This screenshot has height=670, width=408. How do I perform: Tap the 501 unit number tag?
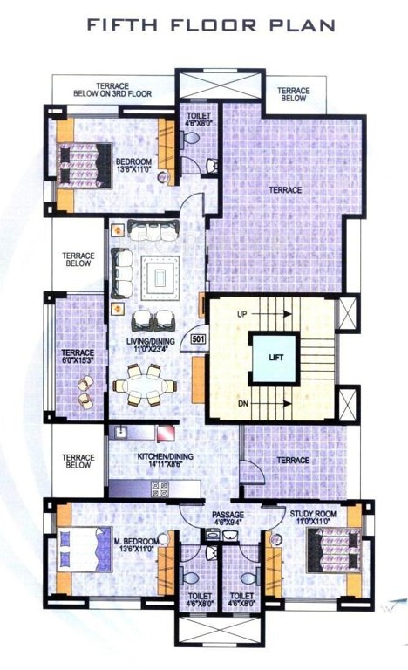click(x=197, y=338)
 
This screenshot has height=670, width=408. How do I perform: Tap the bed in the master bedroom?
click(x=81, y=551)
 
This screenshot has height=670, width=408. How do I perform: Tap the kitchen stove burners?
click(x=160, y=490)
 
